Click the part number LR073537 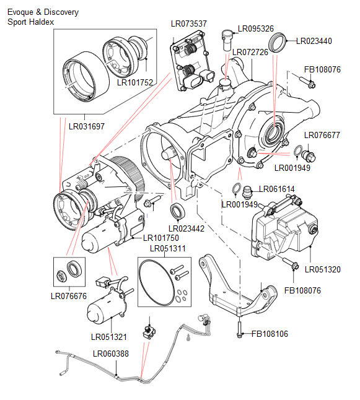point(188,24)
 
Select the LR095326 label point(256,29)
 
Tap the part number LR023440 point(314,41)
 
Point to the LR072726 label point(250,52)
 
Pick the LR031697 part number point(86,126)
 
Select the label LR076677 point(322,136)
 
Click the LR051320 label point(322,269)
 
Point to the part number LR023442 point(185,228)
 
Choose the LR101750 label point(160,238)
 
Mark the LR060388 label point(111,354)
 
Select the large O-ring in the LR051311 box point(155,282)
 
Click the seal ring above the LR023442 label point(178,211)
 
